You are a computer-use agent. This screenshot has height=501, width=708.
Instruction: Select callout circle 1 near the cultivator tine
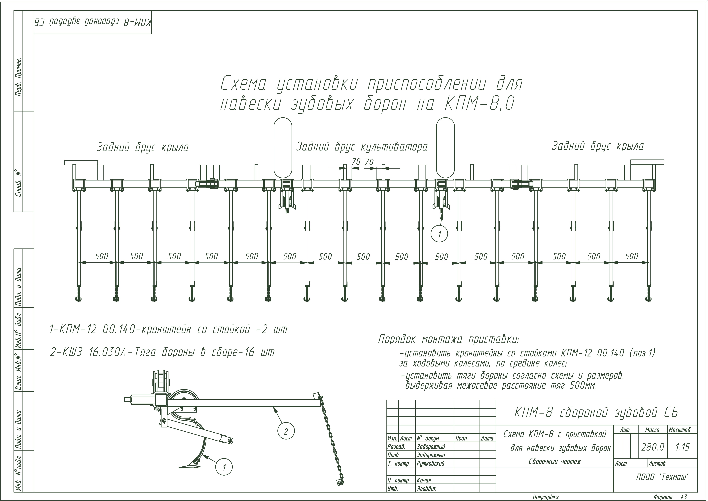pos(224,467)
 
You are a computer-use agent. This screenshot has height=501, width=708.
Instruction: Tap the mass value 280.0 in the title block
pos(653,447)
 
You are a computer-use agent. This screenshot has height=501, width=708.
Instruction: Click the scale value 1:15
pos(682,447)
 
